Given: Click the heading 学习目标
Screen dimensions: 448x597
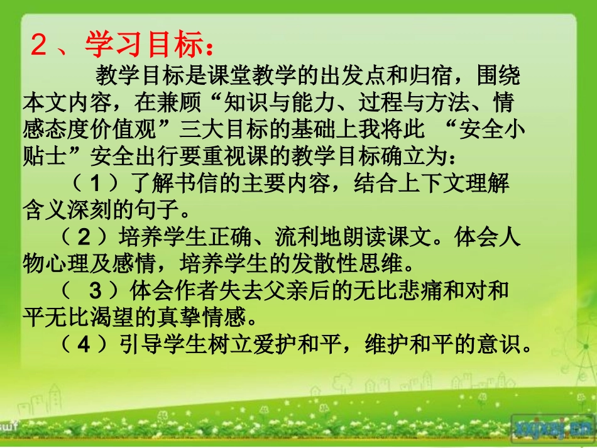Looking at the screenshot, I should (x=144, y=46).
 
